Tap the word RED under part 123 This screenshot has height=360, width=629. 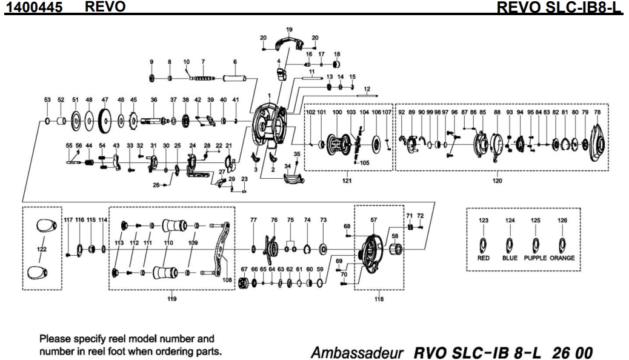click(x=484, y=258)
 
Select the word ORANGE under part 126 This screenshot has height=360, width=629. click(x=562, y=258)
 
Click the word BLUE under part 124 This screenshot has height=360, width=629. click(x=510, y=258)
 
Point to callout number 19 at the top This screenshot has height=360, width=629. click(x=289, y=29)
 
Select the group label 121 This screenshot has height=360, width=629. click(x=347, y=180)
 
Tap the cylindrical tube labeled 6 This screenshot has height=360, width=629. click(x=234, y=79)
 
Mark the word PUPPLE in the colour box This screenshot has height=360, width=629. click(x=535, y=258)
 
